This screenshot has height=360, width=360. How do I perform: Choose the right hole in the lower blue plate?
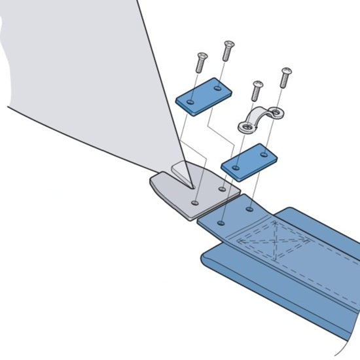pos(264,155)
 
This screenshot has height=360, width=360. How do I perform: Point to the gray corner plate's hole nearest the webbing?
pos(223,190)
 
